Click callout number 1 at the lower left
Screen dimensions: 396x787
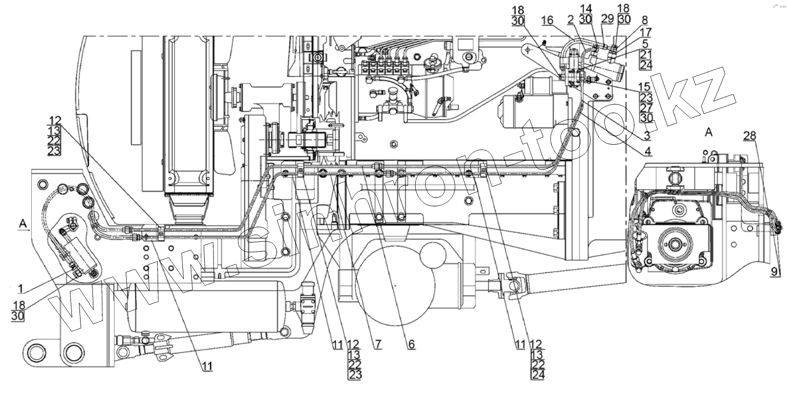[20, 288]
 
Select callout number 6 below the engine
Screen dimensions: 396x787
[411, 344]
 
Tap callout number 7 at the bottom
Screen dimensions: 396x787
[377, 344]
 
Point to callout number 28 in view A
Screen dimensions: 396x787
[750, 136]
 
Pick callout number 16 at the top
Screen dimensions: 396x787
[548, 20]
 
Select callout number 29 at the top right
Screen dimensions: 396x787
[608, 19]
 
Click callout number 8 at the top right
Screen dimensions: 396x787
[645, 20]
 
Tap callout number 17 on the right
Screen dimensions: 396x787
[646, 32]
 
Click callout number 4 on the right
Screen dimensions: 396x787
[648, 152]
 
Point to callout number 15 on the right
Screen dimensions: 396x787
[645, 87]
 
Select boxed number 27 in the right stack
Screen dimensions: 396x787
[646, 108]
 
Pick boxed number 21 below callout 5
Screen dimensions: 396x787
[646, 54]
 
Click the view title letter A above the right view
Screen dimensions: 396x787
[708, 132]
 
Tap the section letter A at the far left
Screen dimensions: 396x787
[23, 222]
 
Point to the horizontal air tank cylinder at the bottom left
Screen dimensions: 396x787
[205, 307]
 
